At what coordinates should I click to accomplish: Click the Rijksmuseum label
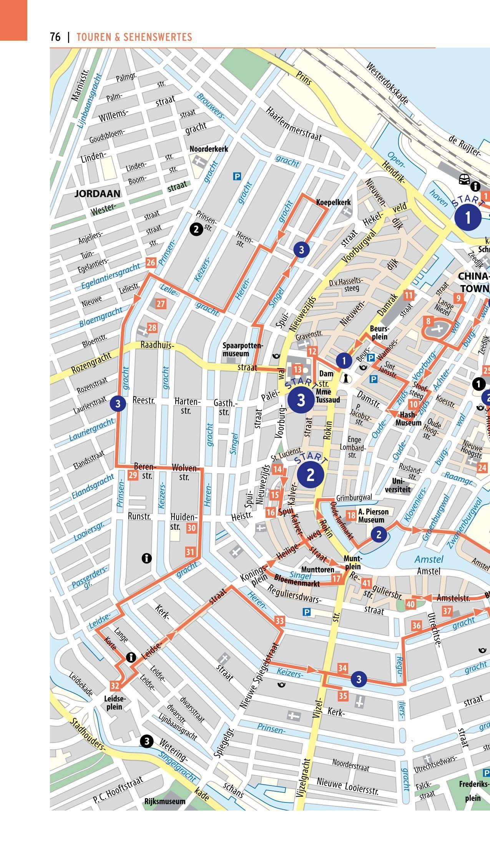164,801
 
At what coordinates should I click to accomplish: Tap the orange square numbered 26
151,263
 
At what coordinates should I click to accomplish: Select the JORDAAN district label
97,194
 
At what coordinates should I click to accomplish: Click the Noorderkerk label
209,149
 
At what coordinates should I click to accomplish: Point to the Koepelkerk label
333,202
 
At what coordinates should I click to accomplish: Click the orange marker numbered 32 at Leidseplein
115,686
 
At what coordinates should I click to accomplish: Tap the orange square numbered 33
279,620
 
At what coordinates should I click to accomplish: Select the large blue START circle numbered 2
310,474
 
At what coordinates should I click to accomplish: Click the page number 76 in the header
55,37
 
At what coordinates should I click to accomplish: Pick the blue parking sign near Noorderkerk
237,176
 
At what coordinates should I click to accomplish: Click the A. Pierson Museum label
371,516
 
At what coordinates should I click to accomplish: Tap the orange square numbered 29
133,475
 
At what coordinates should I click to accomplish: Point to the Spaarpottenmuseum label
243,349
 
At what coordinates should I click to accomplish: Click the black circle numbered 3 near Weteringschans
146,741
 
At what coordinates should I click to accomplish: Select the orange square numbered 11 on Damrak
409,295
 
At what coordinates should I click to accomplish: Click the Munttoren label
317,569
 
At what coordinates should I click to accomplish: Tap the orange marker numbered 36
417,625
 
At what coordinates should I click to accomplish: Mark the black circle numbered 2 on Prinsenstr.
196,230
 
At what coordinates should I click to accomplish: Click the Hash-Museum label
408,419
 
